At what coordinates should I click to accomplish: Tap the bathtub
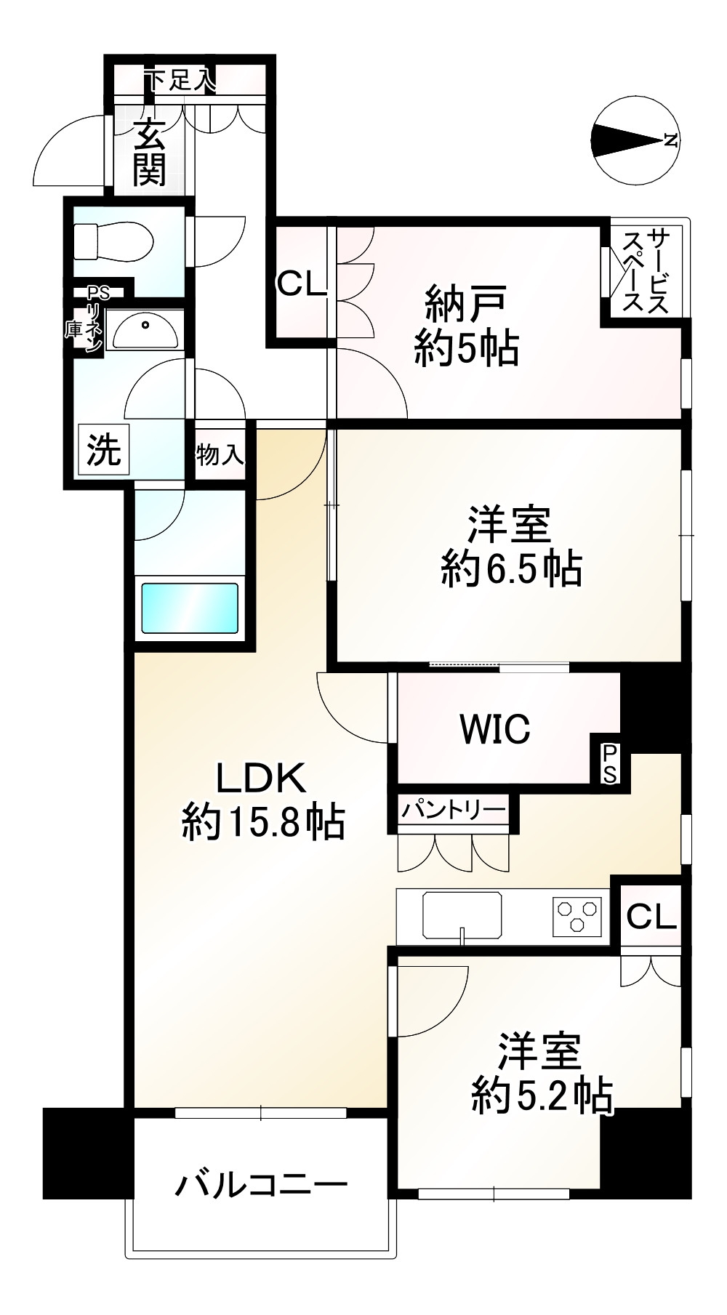click(x=190, y=609)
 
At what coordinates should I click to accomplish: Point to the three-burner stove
click(x=578, y=915)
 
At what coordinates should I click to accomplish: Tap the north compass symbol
click(x=635, y=140)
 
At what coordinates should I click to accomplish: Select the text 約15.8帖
click(x=262, y=824)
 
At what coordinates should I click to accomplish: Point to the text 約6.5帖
click(x=510, y=568)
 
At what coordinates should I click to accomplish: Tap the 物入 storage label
click(x=219, y=456)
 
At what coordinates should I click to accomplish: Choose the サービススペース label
click(x=646, y=270)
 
